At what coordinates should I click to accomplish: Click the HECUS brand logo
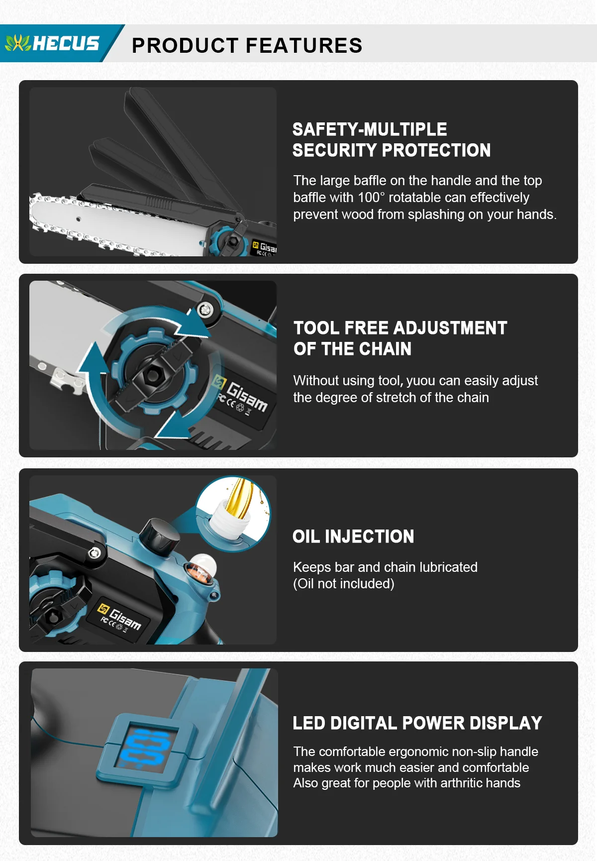[x=52, y=43]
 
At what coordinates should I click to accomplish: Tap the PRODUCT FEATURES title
[x=247, y=45]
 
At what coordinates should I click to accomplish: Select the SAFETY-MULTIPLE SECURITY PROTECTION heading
[x=392, y=140]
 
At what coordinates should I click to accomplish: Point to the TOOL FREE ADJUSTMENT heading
[x=400, y=328]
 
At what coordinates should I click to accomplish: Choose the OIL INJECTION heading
[x=353, y=537]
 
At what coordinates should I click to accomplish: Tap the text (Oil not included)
[x=344, y=584]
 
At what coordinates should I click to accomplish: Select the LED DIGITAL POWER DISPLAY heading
[x=417, y=723]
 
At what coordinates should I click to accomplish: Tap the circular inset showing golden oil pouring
[x=233, y=513]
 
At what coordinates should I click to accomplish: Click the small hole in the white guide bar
[x=78, y=218]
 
